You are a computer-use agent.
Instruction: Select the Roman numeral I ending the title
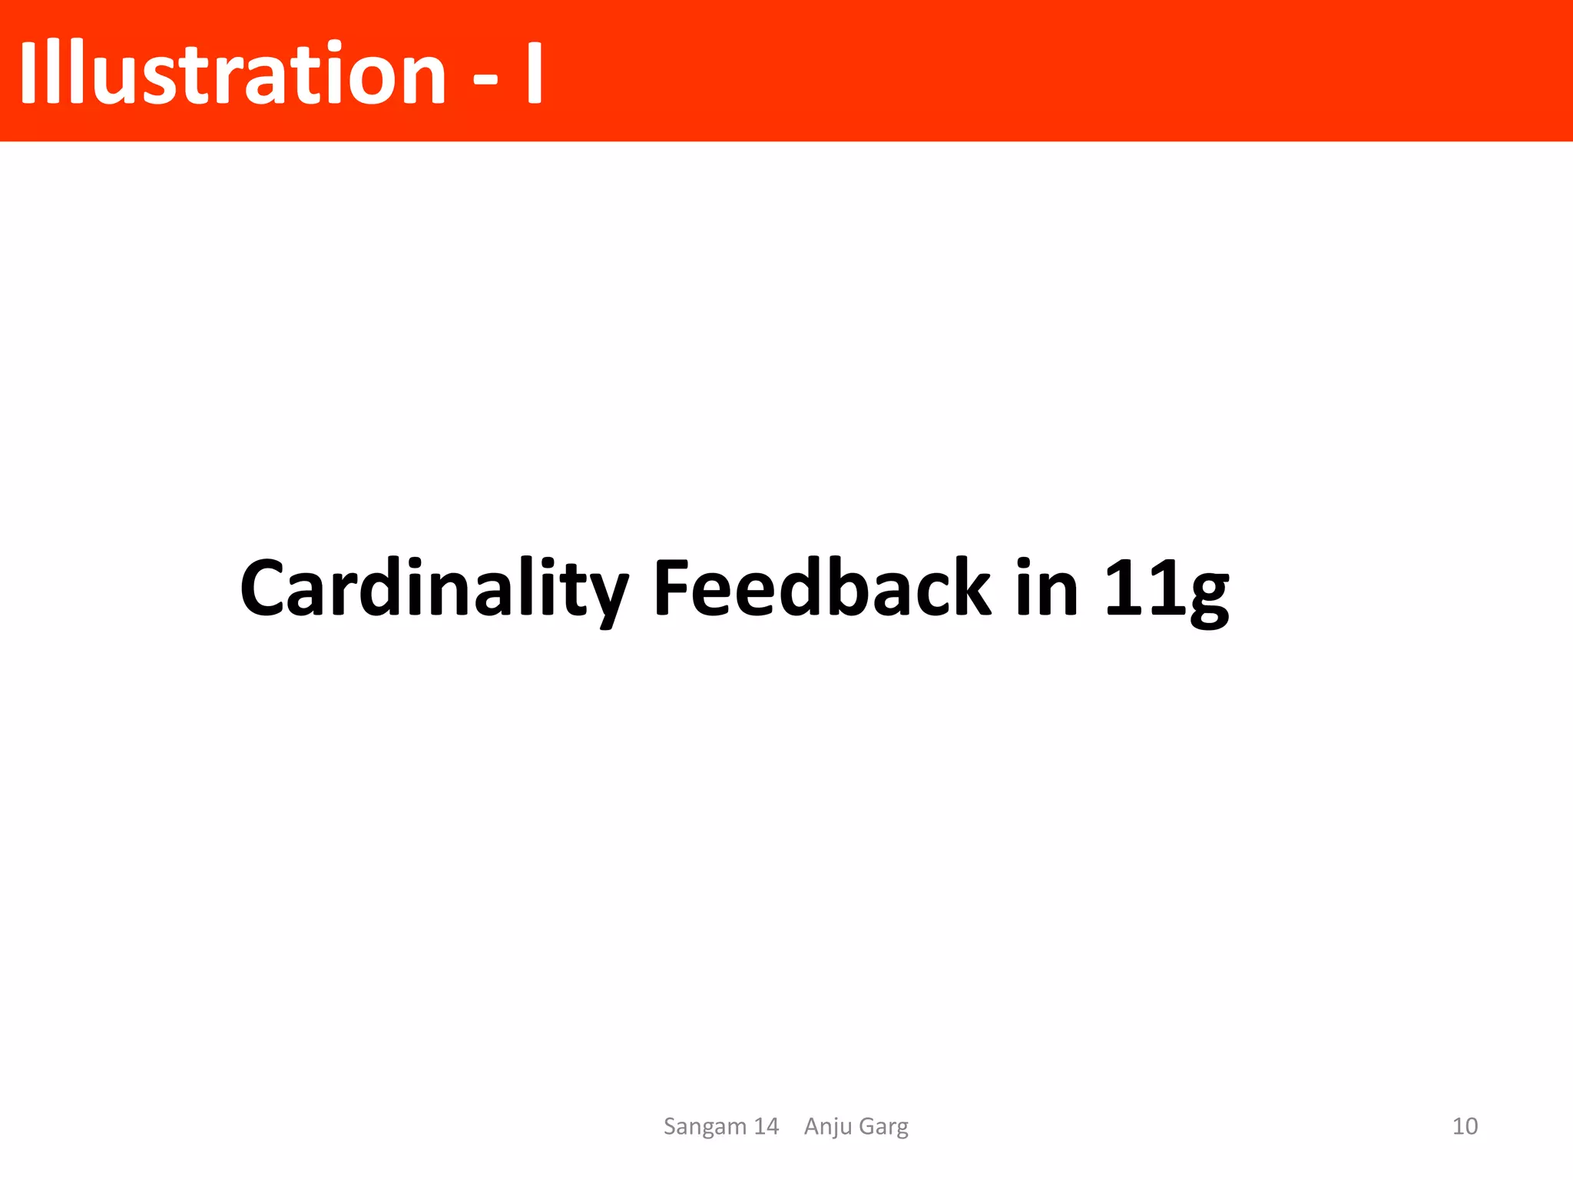click(535, 73)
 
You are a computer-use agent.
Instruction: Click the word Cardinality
click(434, 588)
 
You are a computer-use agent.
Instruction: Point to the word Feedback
click(822, 587)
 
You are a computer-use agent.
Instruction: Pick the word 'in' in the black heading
click(1047, 588)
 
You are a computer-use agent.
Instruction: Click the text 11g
click(1167, 588)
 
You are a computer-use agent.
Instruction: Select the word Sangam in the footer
click(704, 1127)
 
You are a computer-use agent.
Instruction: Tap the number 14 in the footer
click(766, 1126)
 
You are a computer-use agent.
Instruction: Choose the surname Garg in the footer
click(883, 1127)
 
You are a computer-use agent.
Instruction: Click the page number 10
click(1465, 1126)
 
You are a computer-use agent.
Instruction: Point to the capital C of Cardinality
click(263, 588)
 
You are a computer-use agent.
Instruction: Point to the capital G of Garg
click(867, 1126)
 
